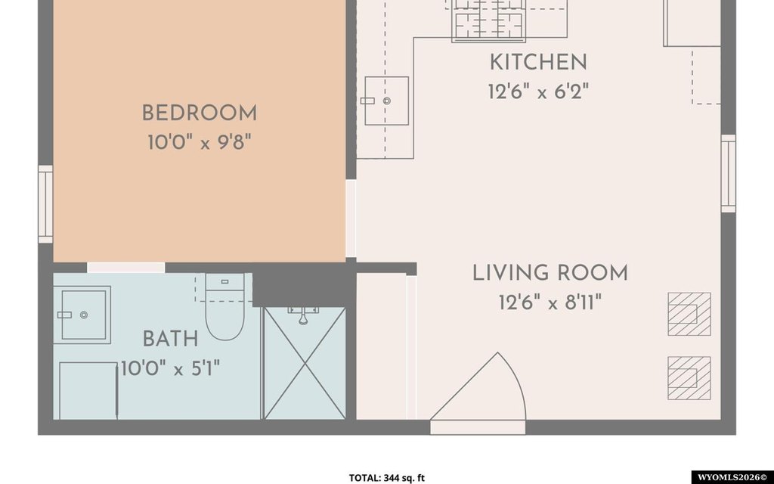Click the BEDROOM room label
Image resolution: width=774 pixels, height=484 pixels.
click(200, 113)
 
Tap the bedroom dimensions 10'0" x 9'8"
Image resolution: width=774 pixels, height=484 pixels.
click(200, 143)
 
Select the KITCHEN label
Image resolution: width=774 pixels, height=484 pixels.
click(538, 63)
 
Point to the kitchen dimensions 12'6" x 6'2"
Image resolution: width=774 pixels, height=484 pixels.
click(538, 92)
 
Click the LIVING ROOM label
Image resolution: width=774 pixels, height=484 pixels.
click(550, 273)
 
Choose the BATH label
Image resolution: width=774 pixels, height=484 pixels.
click(170, 340)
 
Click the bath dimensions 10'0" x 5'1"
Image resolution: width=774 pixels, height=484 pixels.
click(170, 368)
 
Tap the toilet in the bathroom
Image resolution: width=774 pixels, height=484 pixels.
click(224, 307)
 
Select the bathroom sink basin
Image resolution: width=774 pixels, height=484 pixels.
click(82, 315)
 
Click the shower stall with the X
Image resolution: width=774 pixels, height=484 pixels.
click(305, 363)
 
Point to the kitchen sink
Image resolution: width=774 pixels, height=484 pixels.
click(386, 101)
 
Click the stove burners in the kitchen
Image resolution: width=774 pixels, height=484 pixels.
click(489, 20)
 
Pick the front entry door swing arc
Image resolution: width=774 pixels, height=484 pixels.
click(513, 380)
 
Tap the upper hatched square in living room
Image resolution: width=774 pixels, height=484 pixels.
click(689, 314)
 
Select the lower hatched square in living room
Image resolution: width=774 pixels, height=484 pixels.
click(689, 378)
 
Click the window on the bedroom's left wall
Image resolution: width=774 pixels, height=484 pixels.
click(45, 204)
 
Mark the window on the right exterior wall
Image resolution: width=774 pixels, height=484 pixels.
click(729, 173)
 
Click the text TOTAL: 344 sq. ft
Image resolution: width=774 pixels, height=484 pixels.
click(387, 478)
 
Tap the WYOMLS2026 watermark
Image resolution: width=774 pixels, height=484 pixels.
click(732, 478)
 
